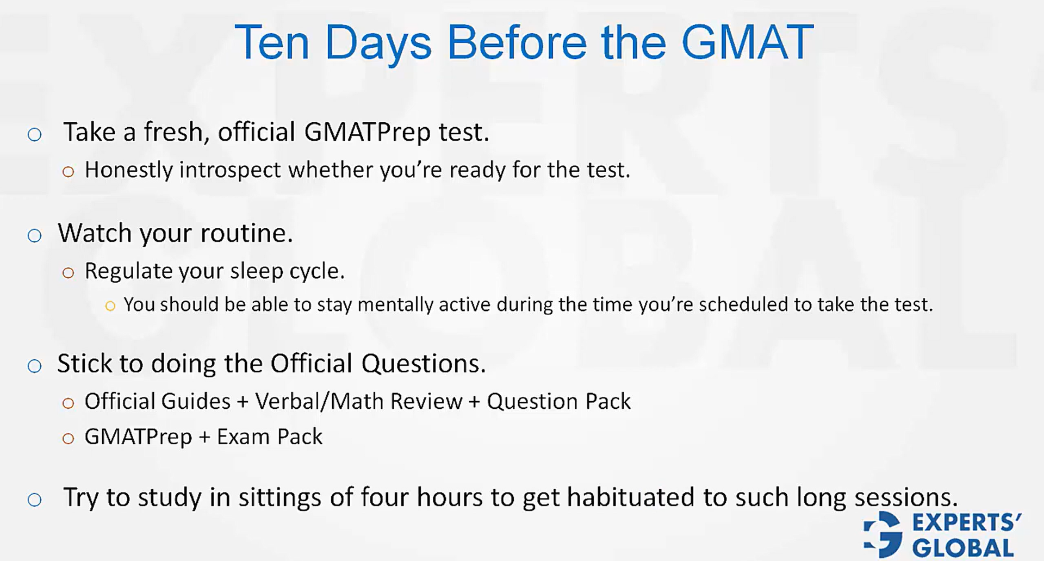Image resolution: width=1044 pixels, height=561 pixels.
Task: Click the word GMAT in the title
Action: (747, 42)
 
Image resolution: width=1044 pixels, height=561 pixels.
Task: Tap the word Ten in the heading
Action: (272, 42)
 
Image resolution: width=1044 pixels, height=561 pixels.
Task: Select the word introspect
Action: (231, 171)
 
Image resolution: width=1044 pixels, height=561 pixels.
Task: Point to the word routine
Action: (246, 233)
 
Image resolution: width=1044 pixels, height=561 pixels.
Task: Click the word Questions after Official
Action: (424, 364)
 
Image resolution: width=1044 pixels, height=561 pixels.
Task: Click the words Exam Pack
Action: (269, 437)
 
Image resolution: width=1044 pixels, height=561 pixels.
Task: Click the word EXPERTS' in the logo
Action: (966, 522)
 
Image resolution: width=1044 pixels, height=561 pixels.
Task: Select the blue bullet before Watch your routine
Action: (35, 236)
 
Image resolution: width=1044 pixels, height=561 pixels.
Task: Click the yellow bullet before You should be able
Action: (110, 307)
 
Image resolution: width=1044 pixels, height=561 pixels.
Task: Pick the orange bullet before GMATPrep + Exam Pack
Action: (68, 439)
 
